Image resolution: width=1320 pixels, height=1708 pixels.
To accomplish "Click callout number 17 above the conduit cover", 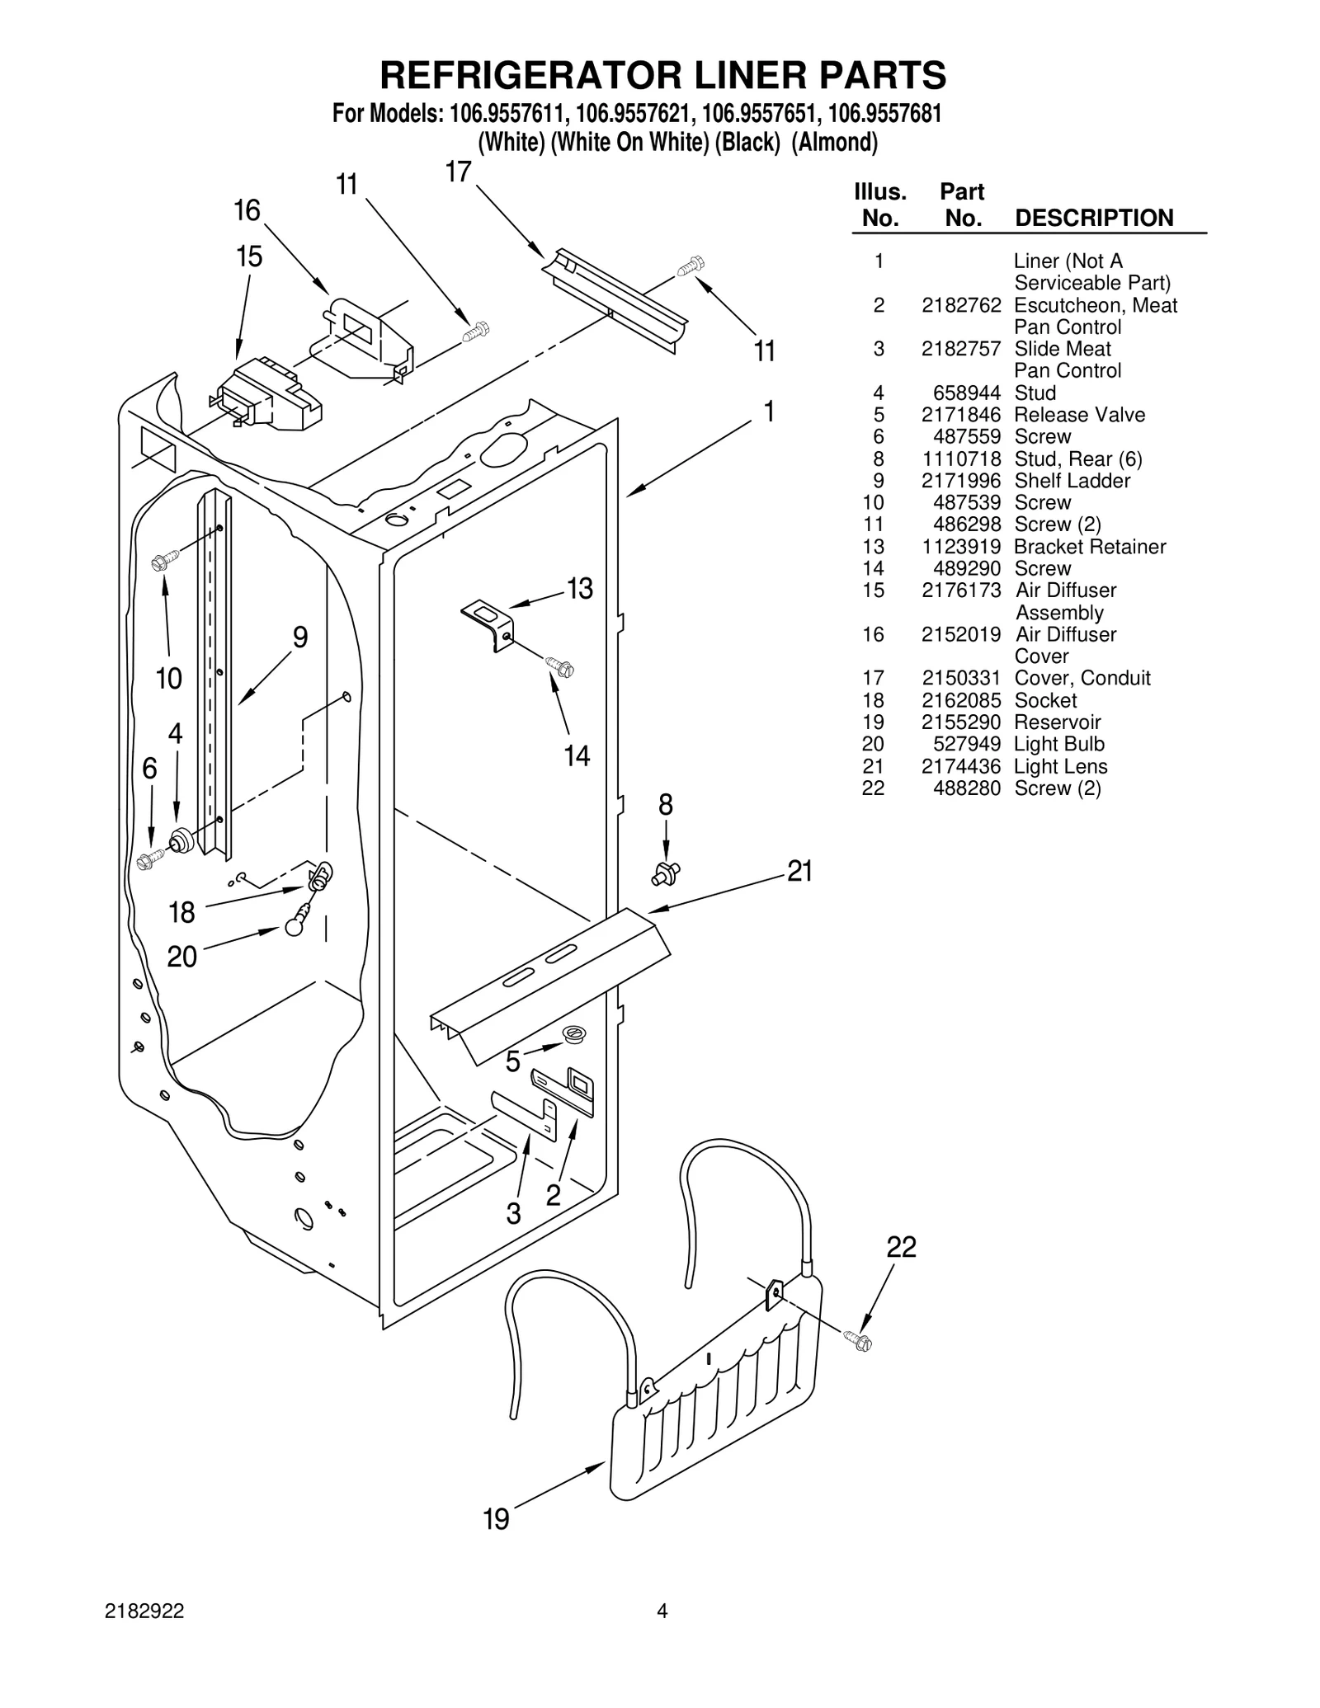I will click(458, 172).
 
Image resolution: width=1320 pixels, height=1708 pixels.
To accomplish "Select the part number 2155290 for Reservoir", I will click(961, 722).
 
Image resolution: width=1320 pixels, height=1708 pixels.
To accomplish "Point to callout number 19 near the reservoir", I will click(496, 1518).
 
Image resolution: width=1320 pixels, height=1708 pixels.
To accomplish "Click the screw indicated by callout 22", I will click(858, 1342).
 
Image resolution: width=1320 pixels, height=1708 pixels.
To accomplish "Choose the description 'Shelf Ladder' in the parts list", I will click(1072, 481).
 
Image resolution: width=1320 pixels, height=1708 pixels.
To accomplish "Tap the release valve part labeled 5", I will click(573, 1033).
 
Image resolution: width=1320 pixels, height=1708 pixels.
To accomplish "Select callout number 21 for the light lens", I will click(799, 871).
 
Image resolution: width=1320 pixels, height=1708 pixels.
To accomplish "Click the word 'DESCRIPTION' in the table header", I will click(1093, 218).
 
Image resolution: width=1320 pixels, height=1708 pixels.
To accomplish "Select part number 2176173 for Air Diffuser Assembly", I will click(961, 591).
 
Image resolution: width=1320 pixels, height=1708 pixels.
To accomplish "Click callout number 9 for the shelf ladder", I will click(300, 637).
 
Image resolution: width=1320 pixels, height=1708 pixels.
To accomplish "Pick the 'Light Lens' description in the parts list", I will click(1060, 766).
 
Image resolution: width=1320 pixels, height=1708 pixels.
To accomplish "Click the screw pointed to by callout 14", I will click(560, 666).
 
